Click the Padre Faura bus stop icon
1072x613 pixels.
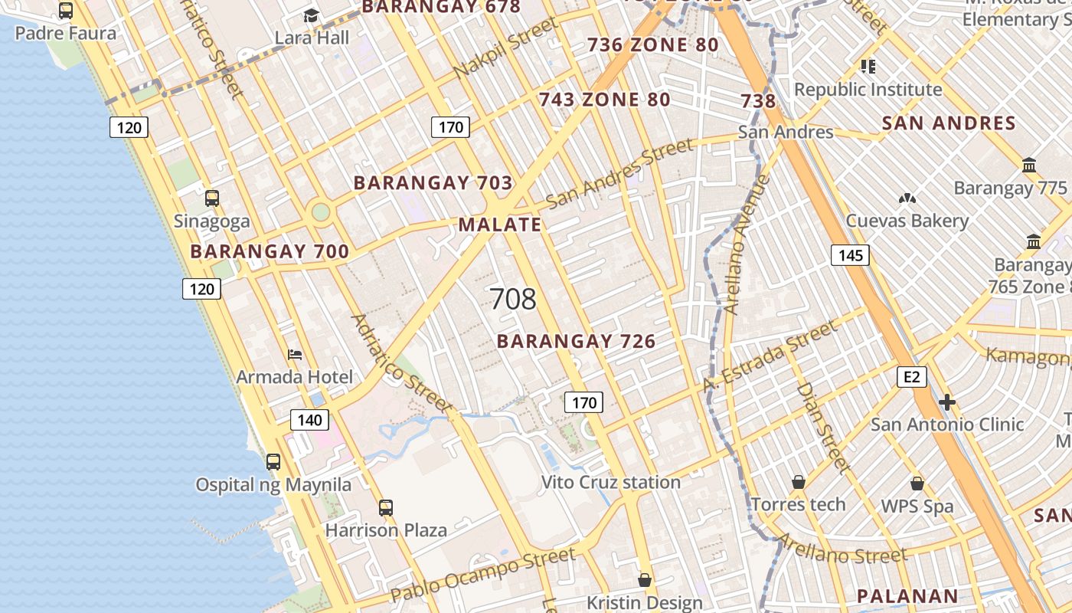click(x=66, y=11)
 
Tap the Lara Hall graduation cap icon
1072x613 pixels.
click(x=311, y=15)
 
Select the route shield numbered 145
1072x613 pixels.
click(x=850, y=255)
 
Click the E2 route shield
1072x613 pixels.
click(x=911, y=377)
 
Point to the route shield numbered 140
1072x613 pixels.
click(x=309, y=419)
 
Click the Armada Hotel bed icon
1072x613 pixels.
click(x=295, y=355)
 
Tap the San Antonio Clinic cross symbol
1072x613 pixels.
click(x=947, y=402)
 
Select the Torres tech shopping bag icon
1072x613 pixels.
click(x=798, y=482)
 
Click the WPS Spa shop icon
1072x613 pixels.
click(x=917, y=484)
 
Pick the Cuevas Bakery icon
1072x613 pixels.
click(x=907, y=198)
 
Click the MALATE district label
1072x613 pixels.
click(x=500, y=225)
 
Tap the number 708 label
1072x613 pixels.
click(x=512, y=299)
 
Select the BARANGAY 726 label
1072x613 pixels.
click(x=576, y=342)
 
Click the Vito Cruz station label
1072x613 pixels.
click(x=610, y=482)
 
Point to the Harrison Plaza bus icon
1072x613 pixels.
click(x=386, y=507)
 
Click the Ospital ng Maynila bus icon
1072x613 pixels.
click(x=273, y=462)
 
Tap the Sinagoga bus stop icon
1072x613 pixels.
click(x=212, y=198)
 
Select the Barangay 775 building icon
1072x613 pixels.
click(x=1029, y=166)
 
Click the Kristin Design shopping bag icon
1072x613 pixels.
click(x=645, y=580)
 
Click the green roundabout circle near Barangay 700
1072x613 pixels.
click(x=321, y=211)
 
